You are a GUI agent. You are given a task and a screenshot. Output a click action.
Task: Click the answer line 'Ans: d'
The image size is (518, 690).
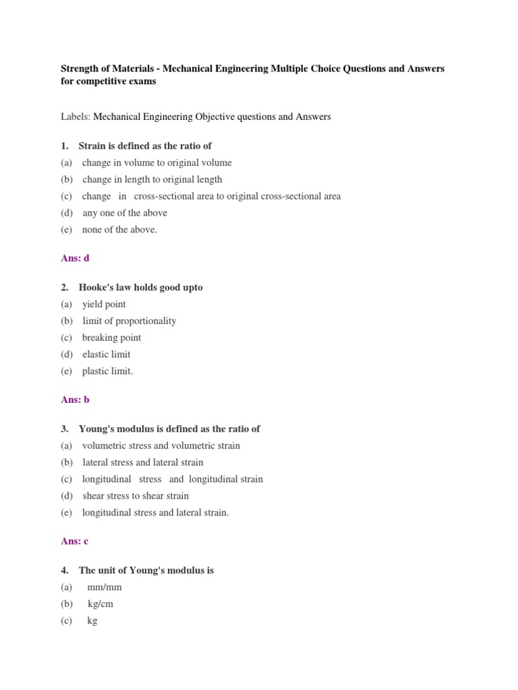coord(75,258)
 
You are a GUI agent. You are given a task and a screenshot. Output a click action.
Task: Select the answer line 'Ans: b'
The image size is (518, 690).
coord(75,400)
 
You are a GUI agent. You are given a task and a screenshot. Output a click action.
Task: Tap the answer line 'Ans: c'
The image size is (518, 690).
coord(74,541)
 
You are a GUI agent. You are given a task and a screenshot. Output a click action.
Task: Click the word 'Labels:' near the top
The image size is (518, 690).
coord(76,117)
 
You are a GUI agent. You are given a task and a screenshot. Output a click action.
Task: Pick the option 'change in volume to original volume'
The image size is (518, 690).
coord(156,162)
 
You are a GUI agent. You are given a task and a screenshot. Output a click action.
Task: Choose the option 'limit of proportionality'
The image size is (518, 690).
coord(129,321)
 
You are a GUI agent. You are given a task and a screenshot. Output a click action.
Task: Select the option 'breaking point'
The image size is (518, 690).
coord(111,338)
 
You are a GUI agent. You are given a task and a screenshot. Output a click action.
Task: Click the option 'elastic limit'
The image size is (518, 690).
coord(107,354)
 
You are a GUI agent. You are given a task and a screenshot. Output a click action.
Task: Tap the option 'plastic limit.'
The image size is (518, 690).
coord(107,371)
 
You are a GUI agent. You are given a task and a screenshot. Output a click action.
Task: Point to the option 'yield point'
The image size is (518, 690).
coord(104,304)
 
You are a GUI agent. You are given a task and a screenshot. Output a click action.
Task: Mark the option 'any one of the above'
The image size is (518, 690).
coord(125,213)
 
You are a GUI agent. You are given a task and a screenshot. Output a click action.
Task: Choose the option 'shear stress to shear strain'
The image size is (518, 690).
coord(136,496)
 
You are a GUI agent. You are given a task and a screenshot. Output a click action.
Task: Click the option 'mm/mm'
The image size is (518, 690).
coord(105,587)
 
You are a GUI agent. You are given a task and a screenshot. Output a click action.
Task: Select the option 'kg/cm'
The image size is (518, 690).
coord(100,604)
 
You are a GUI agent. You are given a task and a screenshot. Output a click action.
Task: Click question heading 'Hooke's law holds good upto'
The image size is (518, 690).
coord(140,287)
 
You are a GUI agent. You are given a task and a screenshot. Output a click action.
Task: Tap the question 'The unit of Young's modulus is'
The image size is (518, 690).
coord(146,570)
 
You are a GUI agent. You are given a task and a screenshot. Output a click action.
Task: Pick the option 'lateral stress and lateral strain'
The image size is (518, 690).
coord(142,462)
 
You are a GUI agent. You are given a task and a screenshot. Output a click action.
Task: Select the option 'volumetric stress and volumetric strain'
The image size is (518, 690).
coord(161,445)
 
